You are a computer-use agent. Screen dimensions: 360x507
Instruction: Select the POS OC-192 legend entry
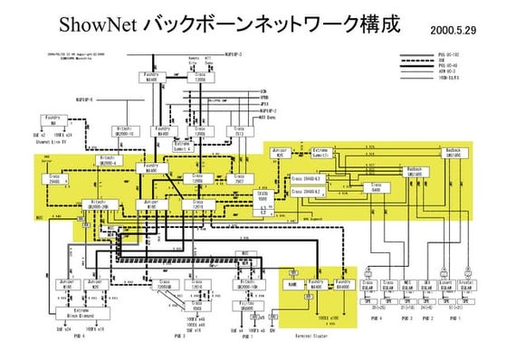(454, 55)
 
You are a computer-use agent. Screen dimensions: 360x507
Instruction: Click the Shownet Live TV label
(53, 140)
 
